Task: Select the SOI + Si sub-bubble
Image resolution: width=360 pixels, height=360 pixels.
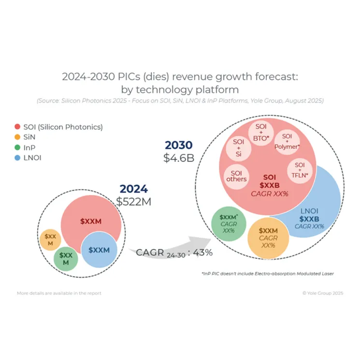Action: pyautogui.click(x=239, y=148)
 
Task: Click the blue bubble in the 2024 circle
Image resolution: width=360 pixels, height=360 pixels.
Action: pyautogui.click(x=99, y=250)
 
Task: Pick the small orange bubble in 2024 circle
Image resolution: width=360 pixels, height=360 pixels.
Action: pyautogui.click(x=50, y=240)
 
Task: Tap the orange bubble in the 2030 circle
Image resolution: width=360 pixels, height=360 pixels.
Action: pyautogui.click(x=268, y=237)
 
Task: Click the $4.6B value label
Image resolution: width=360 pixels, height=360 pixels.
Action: pyautogui.click(x=179, y=157)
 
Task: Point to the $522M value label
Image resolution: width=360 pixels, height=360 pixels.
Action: pyautogui.click(x=134, y=201)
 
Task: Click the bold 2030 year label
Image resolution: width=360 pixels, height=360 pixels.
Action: pyautogui.click(x=179, y=145)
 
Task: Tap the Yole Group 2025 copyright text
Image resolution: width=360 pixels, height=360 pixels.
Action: pyautogui.click(x=322, y=293)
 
